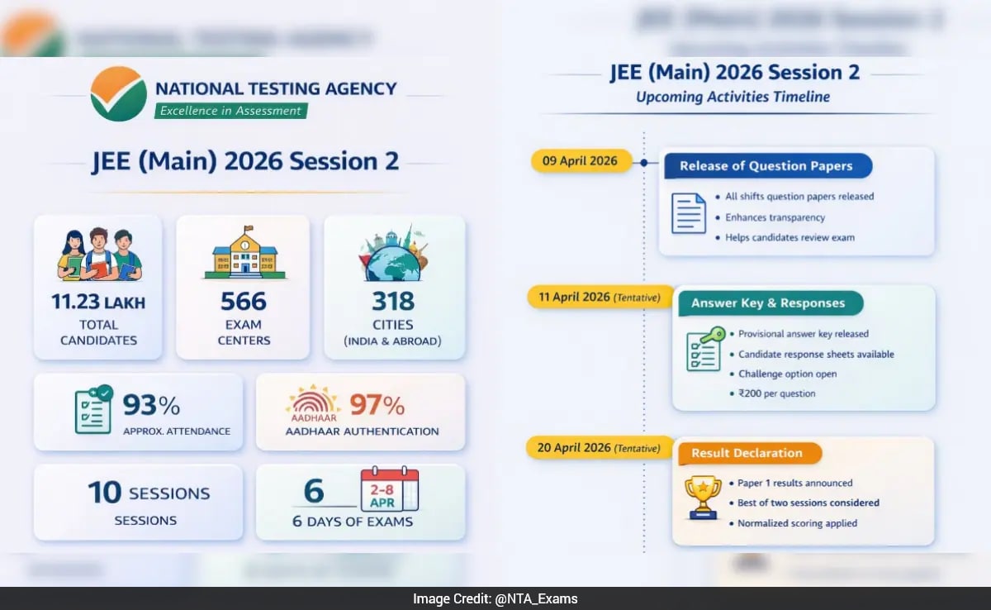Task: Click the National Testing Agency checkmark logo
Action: [x=119, y=93]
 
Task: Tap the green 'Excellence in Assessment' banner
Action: [x=230, y=111]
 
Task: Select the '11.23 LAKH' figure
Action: [x=98, y=303]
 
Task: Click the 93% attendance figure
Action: [x=151, y=405]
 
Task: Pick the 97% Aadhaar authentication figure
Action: [x=377, y=405]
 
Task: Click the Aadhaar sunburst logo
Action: [x=312, y=403]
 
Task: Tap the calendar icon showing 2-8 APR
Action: [x=389, y=490]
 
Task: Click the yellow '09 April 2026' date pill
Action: [x=580, y=161]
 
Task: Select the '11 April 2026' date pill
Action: [x=595, y=298]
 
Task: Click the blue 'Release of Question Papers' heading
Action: [x=766, y=166]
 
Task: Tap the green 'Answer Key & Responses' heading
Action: [x=768, y=303]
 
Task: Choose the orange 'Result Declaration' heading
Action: [x=747, y=453]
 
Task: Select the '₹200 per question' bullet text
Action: [x=776, y=393]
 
